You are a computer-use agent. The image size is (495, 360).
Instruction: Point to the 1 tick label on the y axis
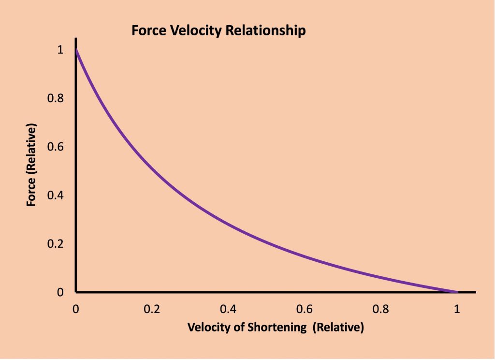[x=60, y=50]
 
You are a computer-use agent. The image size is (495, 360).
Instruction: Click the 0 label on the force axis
[x=60, y=292]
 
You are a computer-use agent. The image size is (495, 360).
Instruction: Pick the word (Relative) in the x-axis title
[x=338, y=328]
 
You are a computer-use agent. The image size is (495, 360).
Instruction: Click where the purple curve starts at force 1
[x=76, y=50]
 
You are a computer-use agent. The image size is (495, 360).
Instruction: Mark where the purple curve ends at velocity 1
[x=456, y=292]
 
